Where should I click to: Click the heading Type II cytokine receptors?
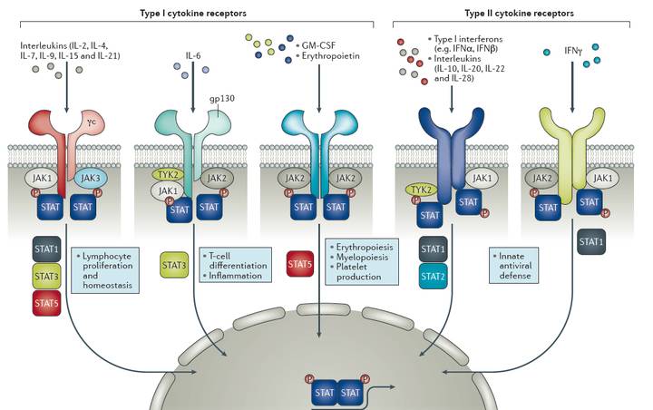tap(516, 14)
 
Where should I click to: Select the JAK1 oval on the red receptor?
tap(38, 180)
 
